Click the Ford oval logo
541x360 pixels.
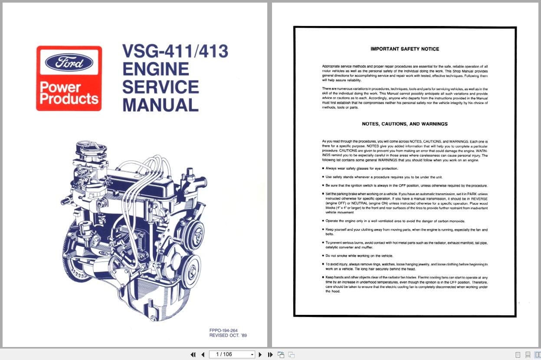point(69,62)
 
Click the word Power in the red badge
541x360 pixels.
point(60,87)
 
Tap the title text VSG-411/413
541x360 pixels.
point(175,52)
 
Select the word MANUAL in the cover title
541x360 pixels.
point(161,105)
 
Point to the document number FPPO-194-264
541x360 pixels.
point(223,330)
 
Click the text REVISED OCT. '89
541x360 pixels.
point(228,335)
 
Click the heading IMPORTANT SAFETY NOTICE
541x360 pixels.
point(405,49)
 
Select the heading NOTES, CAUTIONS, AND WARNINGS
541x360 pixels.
point(405,124)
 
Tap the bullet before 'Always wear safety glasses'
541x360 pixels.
point(323,168)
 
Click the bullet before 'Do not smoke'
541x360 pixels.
point(323,255)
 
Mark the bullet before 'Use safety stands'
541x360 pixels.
point(323,177)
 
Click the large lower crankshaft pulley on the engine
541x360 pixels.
point(191,272)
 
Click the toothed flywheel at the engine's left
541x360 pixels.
point(72,260)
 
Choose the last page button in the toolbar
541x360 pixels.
point(270,354)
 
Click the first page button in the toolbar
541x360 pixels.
point(193,354)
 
